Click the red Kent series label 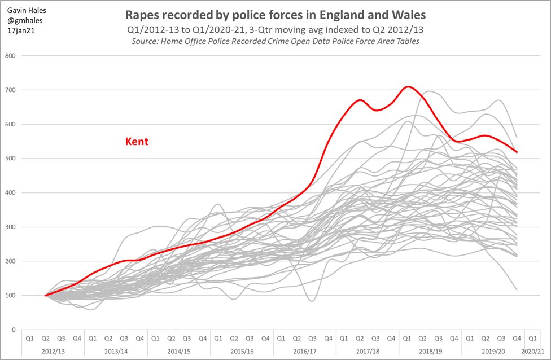136,142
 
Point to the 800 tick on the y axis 10,55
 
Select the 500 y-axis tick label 10,159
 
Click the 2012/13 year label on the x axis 53,350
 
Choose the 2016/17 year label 304,350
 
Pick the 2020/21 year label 532,350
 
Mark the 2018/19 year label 430,350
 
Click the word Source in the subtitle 147,42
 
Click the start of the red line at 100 46,295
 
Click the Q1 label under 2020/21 532,339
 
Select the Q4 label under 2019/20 516,339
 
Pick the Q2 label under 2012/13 45,339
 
